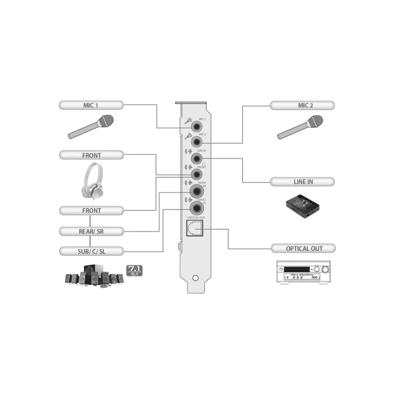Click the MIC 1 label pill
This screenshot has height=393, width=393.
[x=91, y=105]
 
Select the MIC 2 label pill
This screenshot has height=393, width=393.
[x=302, y=105]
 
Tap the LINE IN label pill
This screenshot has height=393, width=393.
[x=302, y=182]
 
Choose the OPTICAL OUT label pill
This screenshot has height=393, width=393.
[x=303, y=248]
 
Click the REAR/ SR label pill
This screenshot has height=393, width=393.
[x=91, y=231]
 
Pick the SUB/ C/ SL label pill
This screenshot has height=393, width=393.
[x=91, y=251]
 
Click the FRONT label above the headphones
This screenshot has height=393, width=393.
[x=91, y=155]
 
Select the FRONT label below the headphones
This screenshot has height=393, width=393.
[x=91, y=211]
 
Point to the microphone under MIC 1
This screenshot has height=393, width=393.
[x=91, y=127]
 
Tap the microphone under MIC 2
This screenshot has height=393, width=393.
[x=300, y=127]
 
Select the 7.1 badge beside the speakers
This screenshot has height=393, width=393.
[x=134, y=270]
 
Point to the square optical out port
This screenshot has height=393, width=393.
[x=193, y=228]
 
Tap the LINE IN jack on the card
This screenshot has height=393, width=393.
[x=196, y=158]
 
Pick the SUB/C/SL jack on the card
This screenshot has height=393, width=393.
[x=196, y=207]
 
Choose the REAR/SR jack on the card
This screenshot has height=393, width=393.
[x=196, y=191]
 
